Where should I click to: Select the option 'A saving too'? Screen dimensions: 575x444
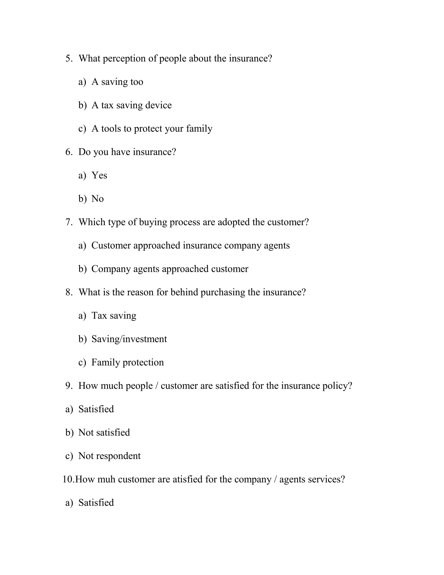coord(117,82)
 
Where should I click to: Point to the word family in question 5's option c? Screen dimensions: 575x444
coord(199,129)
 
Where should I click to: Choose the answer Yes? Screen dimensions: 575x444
coord(99,175)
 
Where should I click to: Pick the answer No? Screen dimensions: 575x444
coord(97,199)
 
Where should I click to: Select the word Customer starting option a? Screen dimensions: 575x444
coord(111,245)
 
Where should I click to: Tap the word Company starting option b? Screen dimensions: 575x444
coord(111,269)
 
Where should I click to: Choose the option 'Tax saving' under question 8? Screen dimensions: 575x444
coord(114,316)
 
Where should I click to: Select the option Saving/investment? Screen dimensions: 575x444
coord(129,339)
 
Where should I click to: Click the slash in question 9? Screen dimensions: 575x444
coord(157,386)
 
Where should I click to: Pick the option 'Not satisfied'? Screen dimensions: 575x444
coord(104,433)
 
